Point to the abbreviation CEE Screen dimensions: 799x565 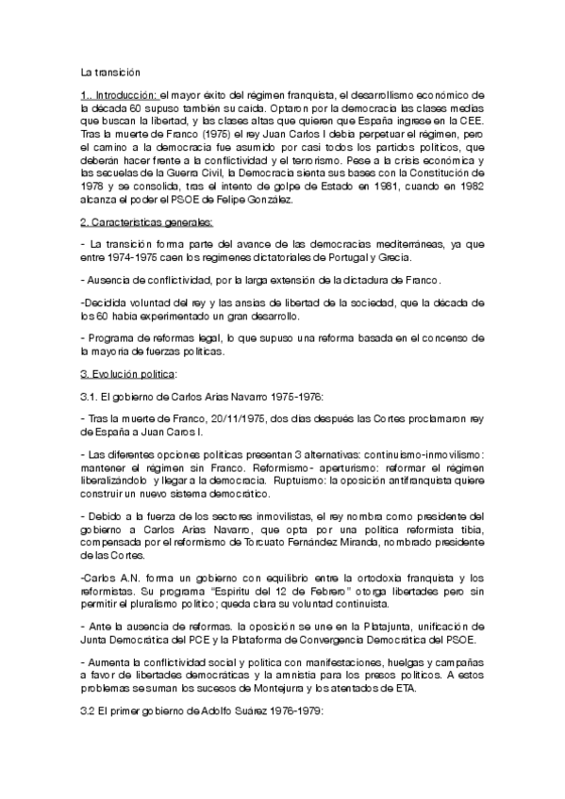pos(473,122)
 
